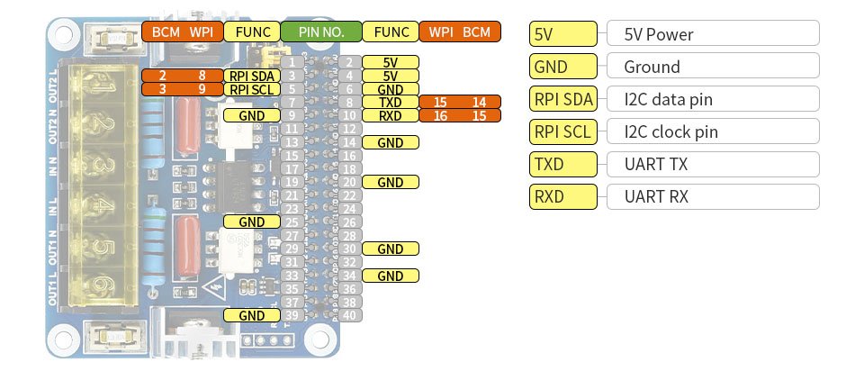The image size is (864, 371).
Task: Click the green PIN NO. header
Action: point(321,32)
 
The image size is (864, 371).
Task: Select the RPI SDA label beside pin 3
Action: point(251,76)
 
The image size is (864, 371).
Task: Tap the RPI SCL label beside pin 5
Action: point(251,89)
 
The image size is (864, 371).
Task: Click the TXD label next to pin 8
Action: point(390,103)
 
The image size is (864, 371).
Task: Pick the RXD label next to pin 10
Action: point(390,115)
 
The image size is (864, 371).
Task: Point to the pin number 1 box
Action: point(292,63)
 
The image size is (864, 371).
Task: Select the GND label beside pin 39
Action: point(251,315)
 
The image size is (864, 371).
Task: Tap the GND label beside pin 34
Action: point(390,276)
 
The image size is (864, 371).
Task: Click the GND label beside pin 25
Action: point(251,222)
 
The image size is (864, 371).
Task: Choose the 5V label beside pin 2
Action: point(390,63)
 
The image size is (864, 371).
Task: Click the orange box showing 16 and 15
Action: point(459,115)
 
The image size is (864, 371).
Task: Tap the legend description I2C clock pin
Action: point(713,131)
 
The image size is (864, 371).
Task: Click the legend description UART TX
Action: point(713,164)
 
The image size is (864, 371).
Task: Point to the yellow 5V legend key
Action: point(563,34)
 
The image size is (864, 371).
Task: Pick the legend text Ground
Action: point(713,66)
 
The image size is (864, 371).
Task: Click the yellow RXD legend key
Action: point(563,196)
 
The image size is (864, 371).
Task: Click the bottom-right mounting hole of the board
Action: point(317,339)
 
